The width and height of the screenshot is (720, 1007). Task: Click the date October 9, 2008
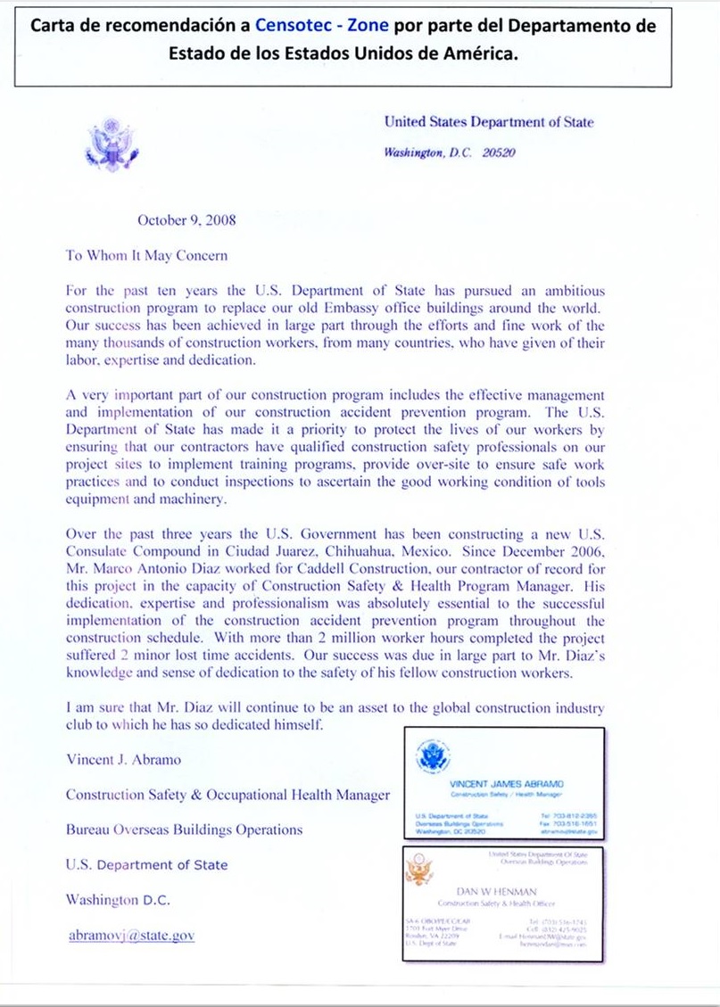pos(186,219)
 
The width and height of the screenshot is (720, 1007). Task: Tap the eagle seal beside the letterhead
pos(111,143)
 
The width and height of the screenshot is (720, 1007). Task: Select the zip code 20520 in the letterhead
pos(497,153)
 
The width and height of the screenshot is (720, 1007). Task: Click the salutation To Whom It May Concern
pos(146,255)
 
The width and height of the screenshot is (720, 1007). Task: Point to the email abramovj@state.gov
pos(131,936)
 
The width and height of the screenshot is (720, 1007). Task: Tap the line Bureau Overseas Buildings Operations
pos(184,830)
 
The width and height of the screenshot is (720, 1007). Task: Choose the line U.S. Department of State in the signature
pos(146,864)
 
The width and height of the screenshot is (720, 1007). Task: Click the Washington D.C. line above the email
pos(118,900)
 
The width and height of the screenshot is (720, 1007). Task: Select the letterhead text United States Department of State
pos(488,122)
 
